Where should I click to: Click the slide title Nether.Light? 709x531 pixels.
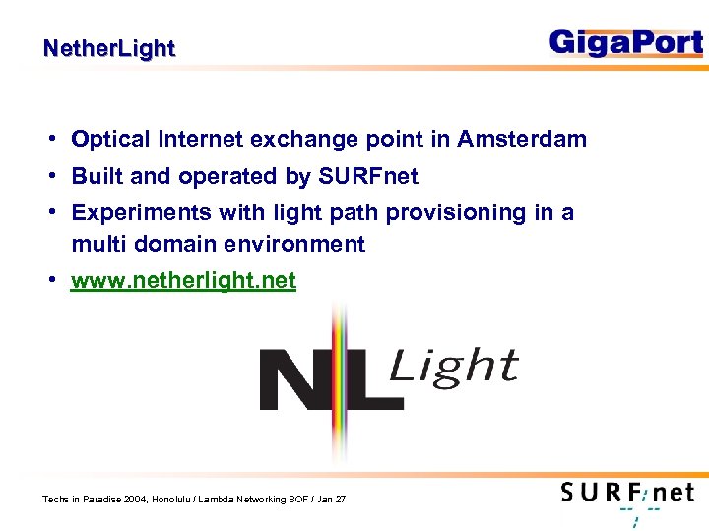pos(109,48)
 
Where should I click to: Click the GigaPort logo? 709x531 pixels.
pos(626,43)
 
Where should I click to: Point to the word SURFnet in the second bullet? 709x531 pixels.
pos(367,177)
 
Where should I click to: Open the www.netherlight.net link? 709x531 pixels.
pos(183,281)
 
